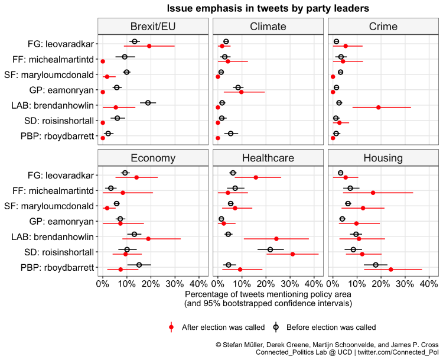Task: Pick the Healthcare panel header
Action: (x=268, y=158)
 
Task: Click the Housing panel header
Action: (x=383, y=158)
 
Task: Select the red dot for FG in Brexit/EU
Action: (x=149, y=46)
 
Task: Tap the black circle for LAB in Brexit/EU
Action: (x=148, y=103)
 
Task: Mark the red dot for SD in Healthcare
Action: (x=292, y=254)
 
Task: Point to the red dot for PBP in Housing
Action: (x=390, y=270)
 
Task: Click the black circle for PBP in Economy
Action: (x=139, y=265)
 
